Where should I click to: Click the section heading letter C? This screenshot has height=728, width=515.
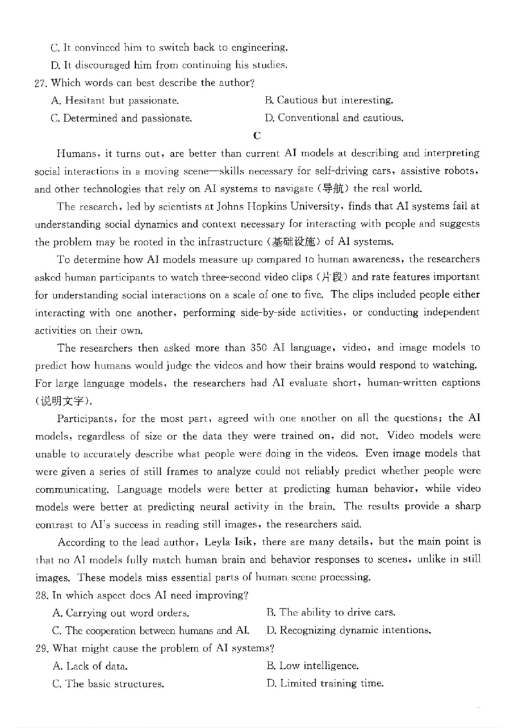(257, 135)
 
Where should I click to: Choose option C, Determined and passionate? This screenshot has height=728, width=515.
(121, 118)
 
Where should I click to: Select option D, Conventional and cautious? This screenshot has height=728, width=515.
(334, 118)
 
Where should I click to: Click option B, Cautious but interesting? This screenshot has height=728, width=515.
(329, 101)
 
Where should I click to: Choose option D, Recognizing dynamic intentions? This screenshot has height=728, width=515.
(348, 630)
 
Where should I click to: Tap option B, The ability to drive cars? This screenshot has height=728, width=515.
(330, 613)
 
